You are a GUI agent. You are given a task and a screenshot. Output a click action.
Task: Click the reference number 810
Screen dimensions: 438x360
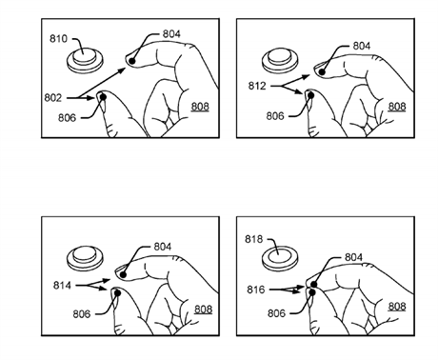(x=58, y=39)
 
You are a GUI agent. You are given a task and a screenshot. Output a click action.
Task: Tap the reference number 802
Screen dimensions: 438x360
(x=53, y=98)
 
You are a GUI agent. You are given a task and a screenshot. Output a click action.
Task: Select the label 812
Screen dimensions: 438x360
(x=257, y=86)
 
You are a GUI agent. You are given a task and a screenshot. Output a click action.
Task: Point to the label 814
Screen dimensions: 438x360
(x=62, y=286)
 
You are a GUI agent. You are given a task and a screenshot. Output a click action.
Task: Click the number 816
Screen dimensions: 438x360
(x=256, y=290)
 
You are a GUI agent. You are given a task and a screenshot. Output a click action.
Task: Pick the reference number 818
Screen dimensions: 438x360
(x=254, y=239)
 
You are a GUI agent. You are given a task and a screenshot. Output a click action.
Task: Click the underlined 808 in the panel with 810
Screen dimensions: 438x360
(x=200, y=107)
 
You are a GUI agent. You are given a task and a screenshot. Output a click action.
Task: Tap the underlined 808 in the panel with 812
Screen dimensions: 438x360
(x=397, y=107)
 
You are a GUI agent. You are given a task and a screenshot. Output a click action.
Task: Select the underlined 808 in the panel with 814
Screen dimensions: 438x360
(x=203, y=310)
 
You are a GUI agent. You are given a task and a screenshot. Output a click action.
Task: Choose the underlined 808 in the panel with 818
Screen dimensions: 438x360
(x=397, y=307)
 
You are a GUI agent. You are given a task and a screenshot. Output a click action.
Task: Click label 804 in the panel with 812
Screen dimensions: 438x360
(x=362, y=46)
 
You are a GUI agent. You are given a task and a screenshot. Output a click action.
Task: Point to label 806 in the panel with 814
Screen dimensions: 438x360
(x=82, y=314)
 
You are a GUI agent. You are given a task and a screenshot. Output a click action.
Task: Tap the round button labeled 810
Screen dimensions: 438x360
(x=85, y=60)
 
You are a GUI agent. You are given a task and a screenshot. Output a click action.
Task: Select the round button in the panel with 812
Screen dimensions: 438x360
(x=280, y=60)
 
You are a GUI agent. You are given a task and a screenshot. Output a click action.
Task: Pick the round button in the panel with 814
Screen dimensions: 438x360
(x=85, y=258)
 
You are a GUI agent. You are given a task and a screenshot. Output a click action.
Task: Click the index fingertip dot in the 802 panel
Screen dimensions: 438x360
(x=132, y=61)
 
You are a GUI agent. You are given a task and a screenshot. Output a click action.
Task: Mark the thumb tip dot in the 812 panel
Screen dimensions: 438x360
(x=310, y=95)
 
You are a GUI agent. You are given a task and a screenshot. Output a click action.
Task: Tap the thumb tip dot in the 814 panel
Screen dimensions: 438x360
(x=117, y=293)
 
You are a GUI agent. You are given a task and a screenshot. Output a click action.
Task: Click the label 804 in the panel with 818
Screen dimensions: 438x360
(x=353, y=257)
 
